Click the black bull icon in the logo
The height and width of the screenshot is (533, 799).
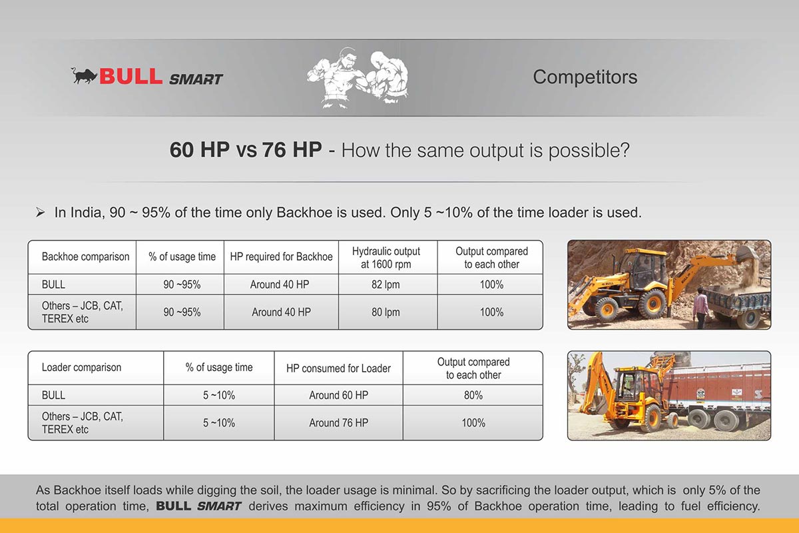pyautogui.click(x=84, y=76)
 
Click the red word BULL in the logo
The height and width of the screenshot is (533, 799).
pyautogui.click(x=131, y=76)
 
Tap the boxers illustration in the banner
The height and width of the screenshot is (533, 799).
pyautogui.click(x=358, y=78)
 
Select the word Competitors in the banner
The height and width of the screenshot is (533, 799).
pyautogui.click(x=585, y=77)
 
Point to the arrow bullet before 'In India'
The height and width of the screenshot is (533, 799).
pyautogui.click(x=40, y=213)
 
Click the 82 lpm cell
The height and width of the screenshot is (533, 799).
pyautogui.click(x=386, y=284)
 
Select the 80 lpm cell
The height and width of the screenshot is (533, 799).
pyautogui.click(x=386, y=312)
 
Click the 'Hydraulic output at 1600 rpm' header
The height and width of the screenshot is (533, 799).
pyautogui.click(x=386, y=257)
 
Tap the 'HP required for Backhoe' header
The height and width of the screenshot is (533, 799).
pyautogui.click(x=281, y=257)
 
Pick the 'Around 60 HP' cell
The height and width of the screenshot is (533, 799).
pyautogui.click(x=338, y=395)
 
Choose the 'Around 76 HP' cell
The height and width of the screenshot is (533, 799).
pyautogui.click(x=338, y=422)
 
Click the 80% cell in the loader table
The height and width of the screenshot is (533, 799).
pyautogui.click(x=473, y=395)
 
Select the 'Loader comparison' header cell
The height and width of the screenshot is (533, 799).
pyautogui.click(x=81, y=367)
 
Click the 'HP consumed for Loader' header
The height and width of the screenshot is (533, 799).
pyautogui.click(x=338, y=368)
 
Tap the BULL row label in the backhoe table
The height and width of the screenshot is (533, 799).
pyautogui.click(x=53, y=284)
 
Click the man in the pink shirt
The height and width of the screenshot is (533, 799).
pyautogui.click(x=700, y=308)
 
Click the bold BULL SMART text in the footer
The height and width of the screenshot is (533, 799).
pyautogui.click(x=198, y=506)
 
